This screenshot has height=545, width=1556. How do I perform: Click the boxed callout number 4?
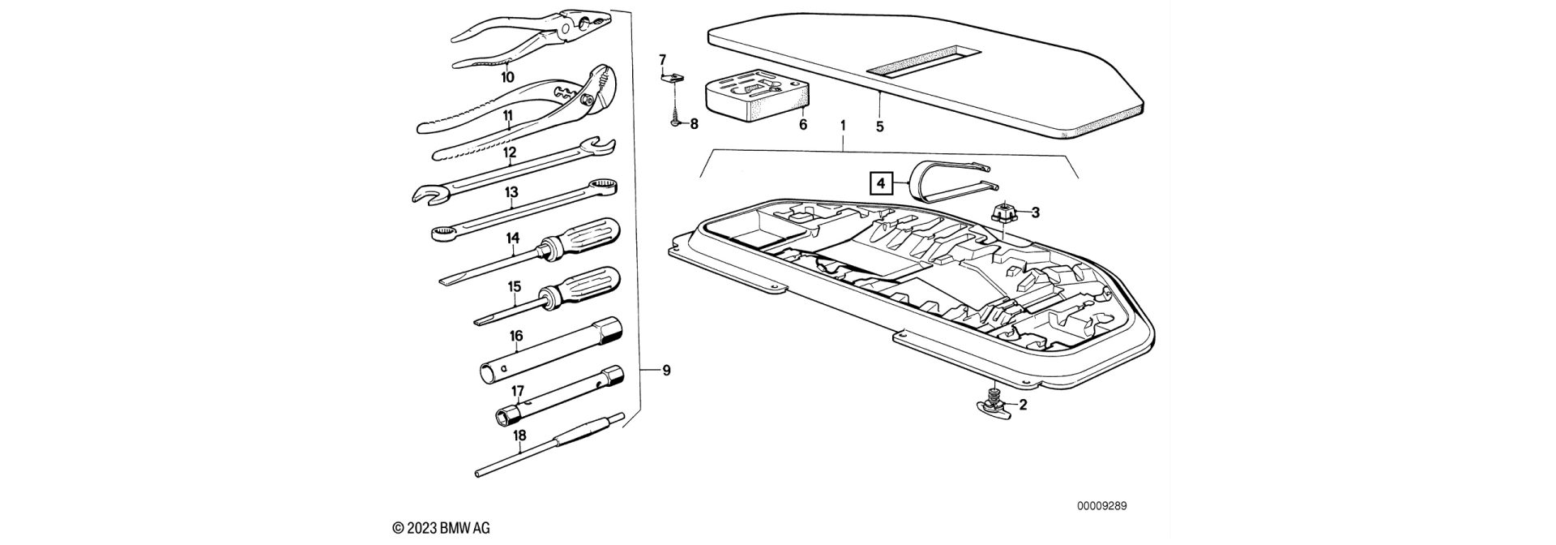[882, 184]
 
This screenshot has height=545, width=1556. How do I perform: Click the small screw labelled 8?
[675, 123]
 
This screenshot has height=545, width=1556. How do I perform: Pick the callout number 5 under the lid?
[880, 127]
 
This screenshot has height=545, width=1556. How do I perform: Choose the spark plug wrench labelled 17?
[559, 397]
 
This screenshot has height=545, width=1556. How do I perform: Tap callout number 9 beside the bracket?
[666, 371]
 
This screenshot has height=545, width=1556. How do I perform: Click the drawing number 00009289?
[1101, 506]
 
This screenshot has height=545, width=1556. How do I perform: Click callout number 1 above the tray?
[843, 127]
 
